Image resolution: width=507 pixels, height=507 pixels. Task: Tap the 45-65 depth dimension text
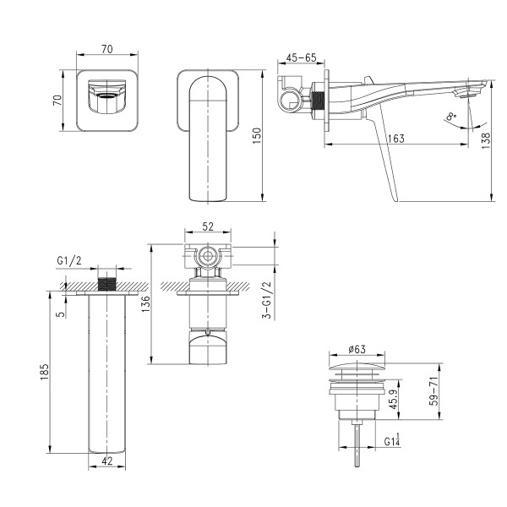point(302,58)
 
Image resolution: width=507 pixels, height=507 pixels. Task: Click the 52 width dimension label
point(208,226)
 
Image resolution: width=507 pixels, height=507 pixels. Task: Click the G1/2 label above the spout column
point(68,260)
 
